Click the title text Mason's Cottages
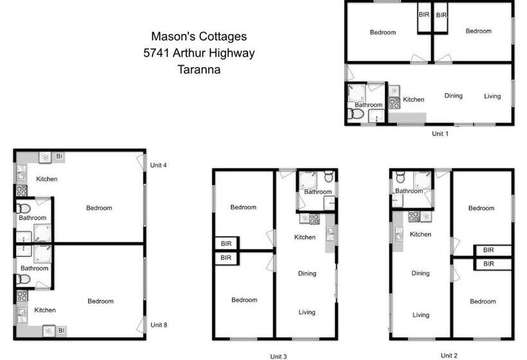(x=199, y=37)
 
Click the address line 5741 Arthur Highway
(x=199, y=53)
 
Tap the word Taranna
(x=199, y=69)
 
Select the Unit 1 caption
(x=440, y=134)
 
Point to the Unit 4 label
(x=159, y=165)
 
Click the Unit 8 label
(x=159, y=325)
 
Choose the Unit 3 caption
(x=278, y=355)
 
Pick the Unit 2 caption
(x=449, y=355)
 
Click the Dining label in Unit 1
(x=453, y=96)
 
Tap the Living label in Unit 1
(x=492, y=96)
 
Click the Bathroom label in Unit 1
(x=368, y=105)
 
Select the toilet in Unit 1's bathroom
(x=355, y=114)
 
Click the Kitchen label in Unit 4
(x=47, y=179)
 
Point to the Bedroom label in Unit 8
(x=100, y=301)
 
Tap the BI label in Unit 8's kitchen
(x=60, y=330)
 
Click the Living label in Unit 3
(x=307, y=312)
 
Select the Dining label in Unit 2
(x=420, y=273)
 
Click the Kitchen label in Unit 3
(x=305, y=237)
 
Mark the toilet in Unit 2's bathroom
(x=400, y=177)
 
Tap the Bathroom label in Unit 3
(x=317, y=192)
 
